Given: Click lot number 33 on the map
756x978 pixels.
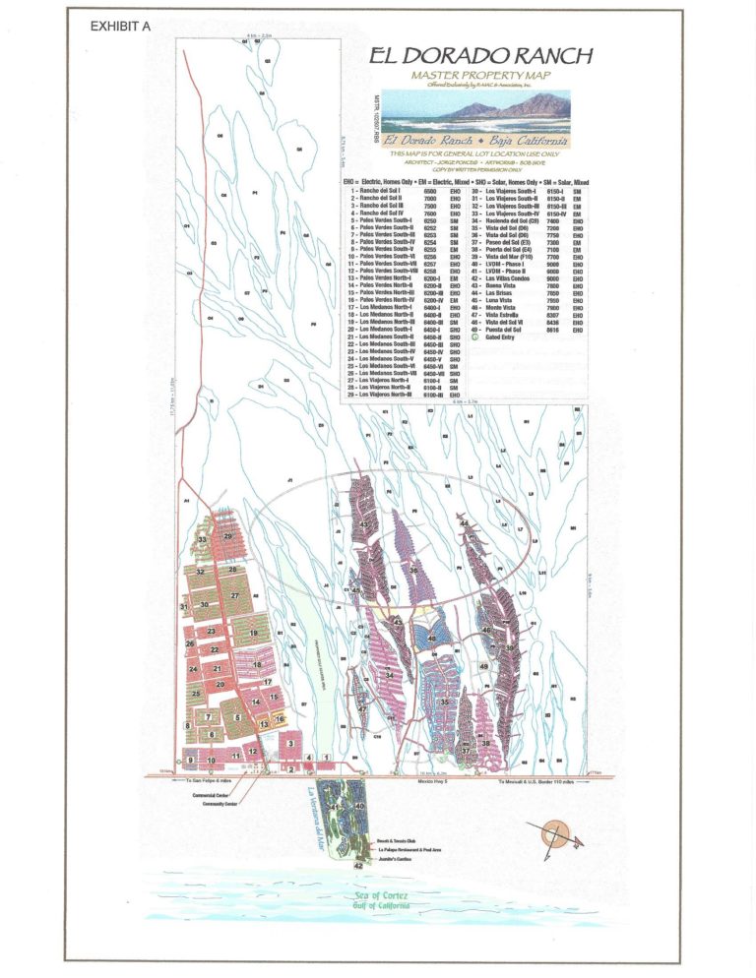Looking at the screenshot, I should [x=202, y=540].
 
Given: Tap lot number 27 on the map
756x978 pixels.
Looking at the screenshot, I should [x=234, y=596].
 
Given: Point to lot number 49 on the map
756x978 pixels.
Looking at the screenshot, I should [x=483, y=667].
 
